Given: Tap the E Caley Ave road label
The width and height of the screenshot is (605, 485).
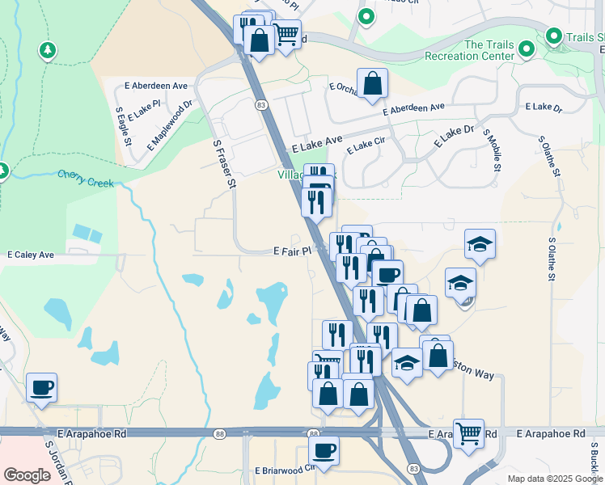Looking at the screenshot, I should point(31,255).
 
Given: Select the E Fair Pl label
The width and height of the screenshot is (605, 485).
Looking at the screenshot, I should point(292,251).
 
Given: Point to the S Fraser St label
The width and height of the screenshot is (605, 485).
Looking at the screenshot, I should point(224,164).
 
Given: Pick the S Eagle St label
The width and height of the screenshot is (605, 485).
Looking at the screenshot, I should point(124,125).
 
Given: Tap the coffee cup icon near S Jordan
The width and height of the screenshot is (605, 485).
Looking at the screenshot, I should point(40,387).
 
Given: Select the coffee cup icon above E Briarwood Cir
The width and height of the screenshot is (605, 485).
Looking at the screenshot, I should point(324,450).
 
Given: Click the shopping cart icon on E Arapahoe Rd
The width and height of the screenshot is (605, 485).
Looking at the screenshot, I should point(468,434).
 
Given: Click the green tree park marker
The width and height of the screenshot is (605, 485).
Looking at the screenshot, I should point(48,51).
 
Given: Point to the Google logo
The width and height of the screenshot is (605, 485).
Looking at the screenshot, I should point(27,475).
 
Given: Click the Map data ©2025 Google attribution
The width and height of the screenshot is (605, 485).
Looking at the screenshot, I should point(554,479).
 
